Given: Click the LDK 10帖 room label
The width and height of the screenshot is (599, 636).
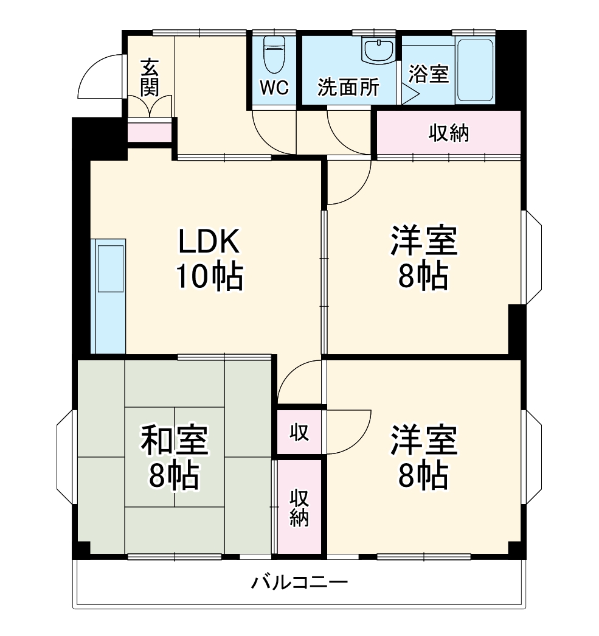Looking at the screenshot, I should [x=209, y=259].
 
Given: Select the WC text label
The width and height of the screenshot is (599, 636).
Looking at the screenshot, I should [x=274, y=88].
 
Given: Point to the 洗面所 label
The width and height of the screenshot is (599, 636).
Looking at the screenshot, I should [x=348, y=88].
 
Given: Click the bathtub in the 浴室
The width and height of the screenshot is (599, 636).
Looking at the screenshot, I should [x=475, y=71].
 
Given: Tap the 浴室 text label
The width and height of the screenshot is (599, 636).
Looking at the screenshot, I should [x=428, y=74].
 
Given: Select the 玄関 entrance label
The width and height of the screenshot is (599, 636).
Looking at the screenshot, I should [x=150, y=77].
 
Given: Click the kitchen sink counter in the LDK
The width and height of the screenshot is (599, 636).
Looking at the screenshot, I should [x=108, y=296].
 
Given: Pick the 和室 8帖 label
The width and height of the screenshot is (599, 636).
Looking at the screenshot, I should [x=175, y=458].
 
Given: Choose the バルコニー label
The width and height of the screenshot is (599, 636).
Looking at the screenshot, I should [x=300, y=583].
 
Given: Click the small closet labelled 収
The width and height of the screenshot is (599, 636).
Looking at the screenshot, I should [x=299, y=432].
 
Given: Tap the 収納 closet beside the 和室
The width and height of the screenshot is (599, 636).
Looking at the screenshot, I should [x=299, y=506].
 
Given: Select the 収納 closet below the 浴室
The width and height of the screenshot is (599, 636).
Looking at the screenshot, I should [x=449, y=133].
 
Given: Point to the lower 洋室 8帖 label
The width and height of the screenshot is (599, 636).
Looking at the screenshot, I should [x=423, y=458].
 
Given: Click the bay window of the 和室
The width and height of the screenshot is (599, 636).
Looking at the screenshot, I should [x=65, y=456].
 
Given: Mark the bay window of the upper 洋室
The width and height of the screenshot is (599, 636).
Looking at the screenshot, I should [x=532, y=257].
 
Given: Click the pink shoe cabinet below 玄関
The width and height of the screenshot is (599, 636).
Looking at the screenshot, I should [x=149, y=133].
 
